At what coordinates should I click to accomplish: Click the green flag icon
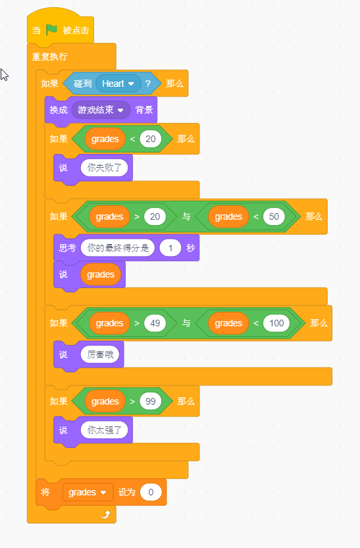[52, 30]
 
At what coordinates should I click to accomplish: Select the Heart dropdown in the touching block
[118, 84]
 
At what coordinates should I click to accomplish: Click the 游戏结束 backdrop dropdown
[101, 110]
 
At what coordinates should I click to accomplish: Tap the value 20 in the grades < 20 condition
[150, 139]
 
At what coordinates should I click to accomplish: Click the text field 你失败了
[104, 168]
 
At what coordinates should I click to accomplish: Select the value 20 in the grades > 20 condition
[155, 216]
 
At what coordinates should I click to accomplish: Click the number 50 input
[274, 216]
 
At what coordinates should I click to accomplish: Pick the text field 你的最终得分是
[118, 248]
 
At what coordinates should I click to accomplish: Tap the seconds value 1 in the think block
[170, 248]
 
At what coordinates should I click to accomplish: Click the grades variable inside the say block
[101, 275]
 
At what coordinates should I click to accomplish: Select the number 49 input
[155, 323]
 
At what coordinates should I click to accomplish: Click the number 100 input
[276, 323]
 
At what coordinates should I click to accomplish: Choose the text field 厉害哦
[100, 355]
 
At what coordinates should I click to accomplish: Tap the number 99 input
[150, 401]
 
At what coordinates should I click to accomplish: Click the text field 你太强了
[104, 430]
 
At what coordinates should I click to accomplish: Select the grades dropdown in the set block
[88, 493]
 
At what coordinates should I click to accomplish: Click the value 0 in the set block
[151, 493]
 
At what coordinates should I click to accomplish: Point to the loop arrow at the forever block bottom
[106, 514]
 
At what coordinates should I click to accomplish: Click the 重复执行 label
[49, 57]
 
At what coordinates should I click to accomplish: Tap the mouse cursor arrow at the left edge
[4, 75]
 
